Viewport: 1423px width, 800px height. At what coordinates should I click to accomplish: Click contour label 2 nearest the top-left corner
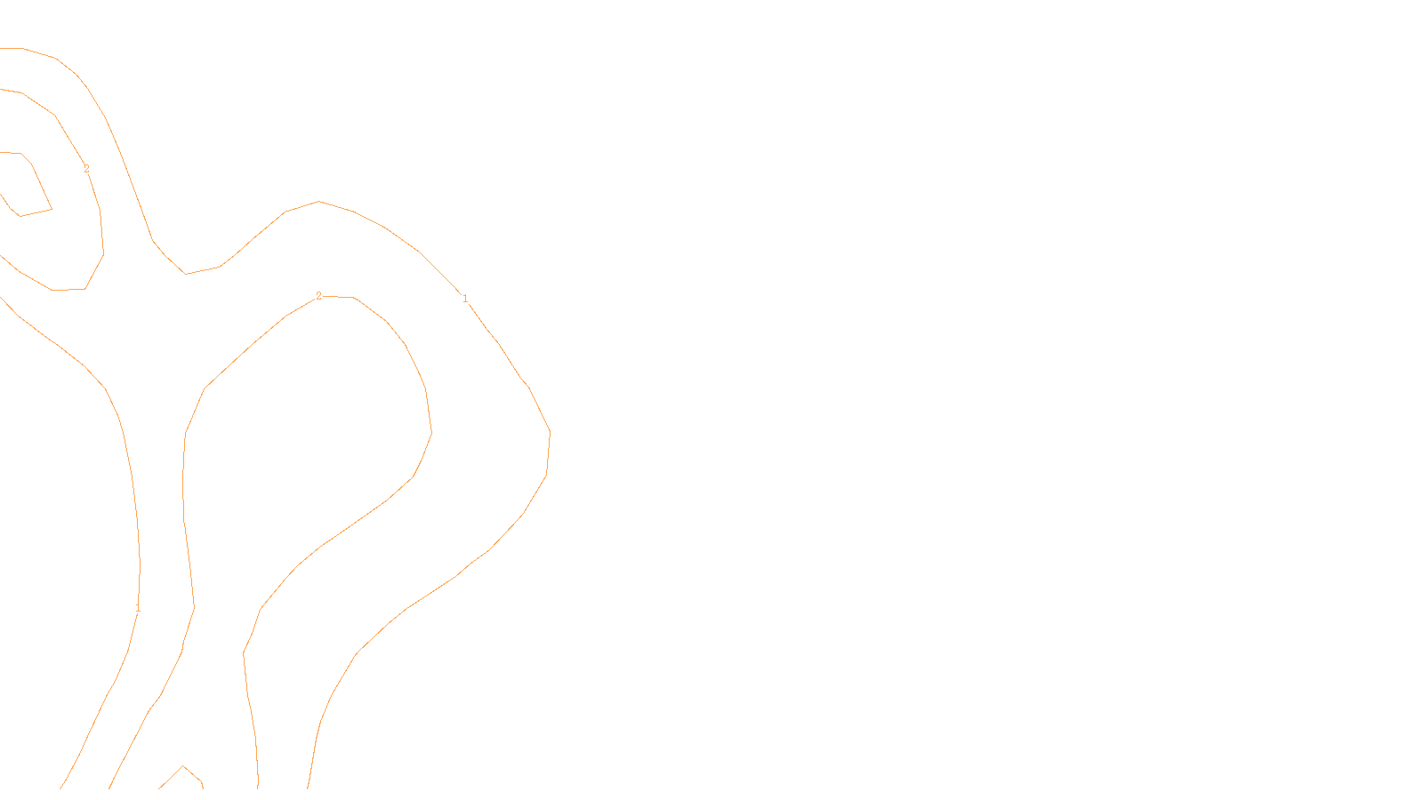pyautogui.click(x=86, y=169)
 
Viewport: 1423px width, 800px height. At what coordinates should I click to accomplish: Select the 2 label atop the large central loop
pyautogui.click(x=318, y=296)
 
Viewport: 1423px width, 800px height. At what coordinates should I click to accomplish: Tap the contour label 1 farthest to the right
pyautogui.click(x=465, y=299)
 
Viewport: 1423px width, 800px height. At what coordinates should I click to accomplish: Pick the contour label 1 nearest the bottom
pyautogui.click(x=138, y=608)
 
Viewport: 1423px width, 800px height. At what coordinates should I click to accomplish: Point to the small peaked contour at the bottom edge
pyautogui.click(x=183, y=768)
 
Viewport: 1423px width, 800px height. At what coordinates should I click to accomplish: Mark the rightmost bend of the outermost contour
pyautogui.click(x=550, y=433)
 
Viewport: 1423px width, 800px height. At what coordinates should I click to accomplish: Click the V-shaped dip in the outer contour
pyautogui.click(x=186, y=273)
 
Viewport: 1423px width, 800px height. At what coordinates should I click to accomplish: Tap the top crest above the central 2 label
pyautogui.click(x=319, y=202)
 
